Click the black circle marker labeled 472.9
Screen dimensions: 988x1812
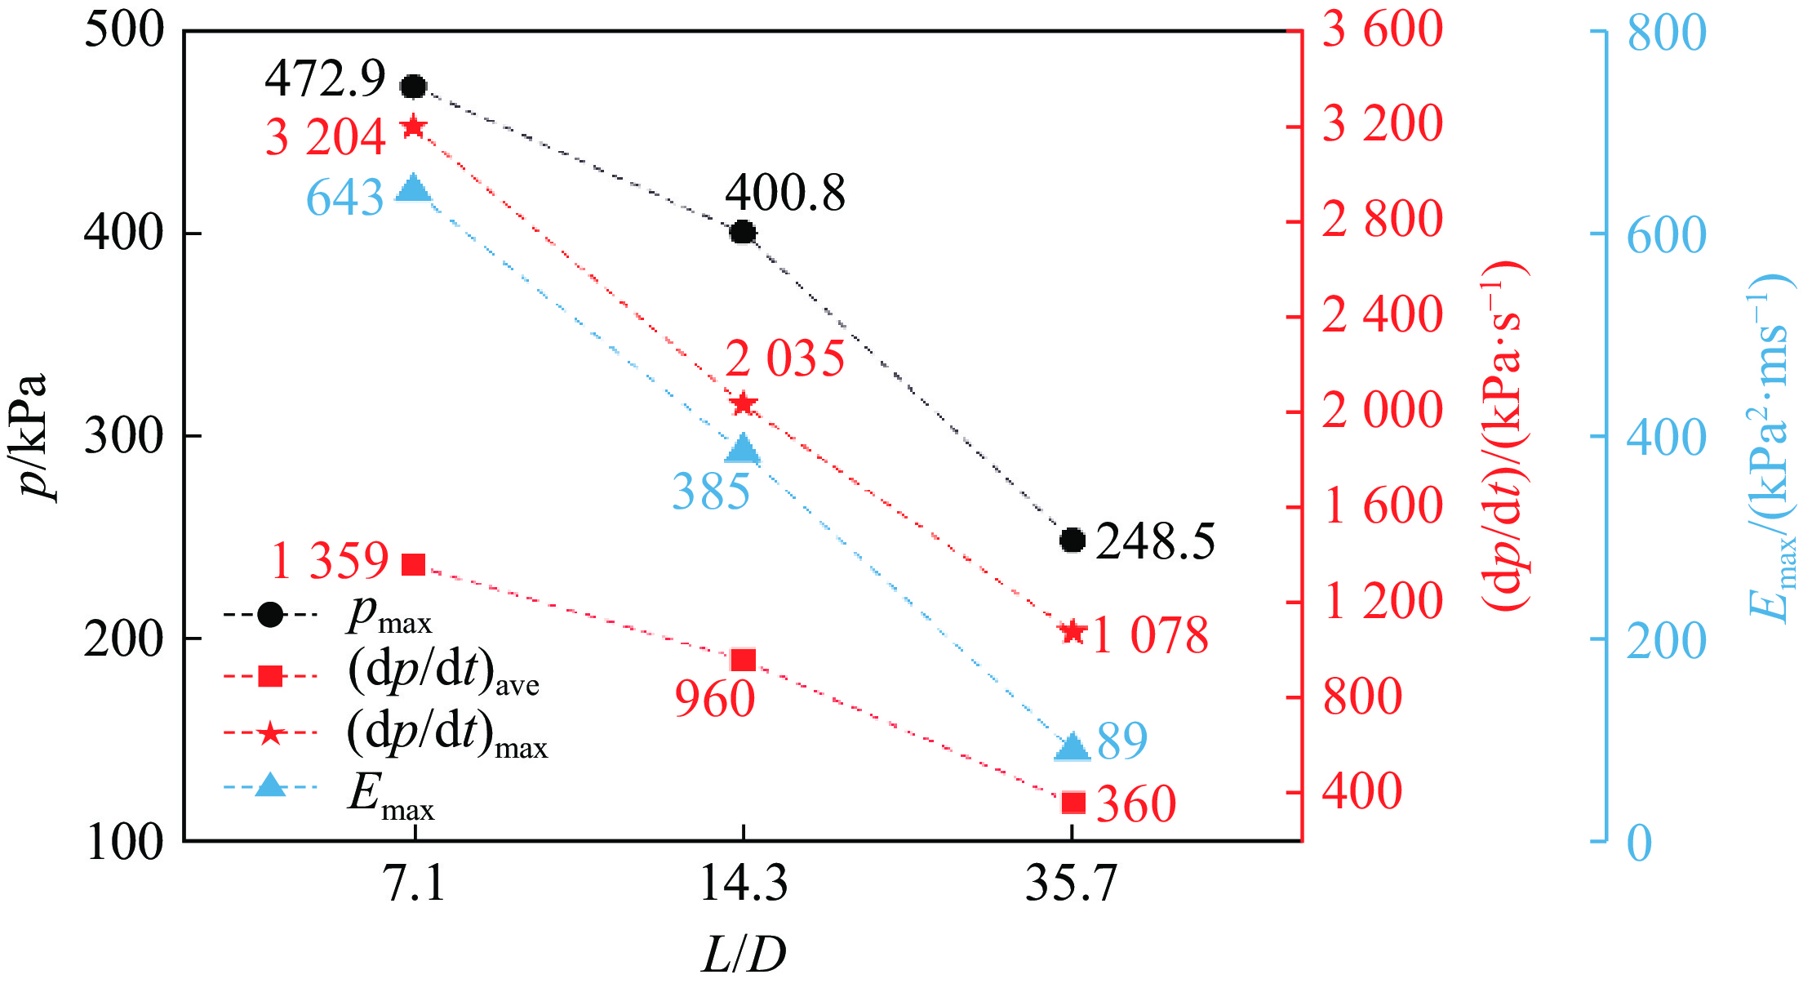click(x=414, y=86)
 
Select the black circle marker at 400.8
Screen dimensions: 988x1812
click(x=743, y=233)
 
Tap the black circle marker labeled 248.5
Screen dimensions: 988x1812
click(x=1073, y=540)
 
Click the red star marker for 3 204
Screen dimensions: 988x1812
click(x=414, y=127)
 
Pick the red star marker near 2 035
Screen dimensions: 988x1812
click(x=744, y=403)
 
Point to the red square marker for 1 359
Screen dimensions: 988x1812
click(x=414, y=564)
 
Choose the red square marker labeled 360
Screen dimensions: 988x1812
click(x=1073, y=803)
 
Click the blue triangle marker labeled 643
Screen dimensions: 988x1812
click(x=414, y=189)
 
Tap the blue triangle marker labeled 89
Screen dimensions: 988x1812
click(x=1073, y=747)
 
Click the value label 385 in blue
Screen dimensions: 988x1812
click(x=711, y=492)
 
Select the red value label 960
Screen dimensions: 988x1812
click(x=715, y=700)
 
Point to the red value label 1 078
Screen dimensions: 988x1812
click(x=1150, y=635)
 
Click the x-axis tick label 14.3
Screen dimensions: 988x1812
click(x=744, y=883)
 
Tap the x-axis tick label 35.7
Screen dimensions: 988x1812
click(x=1071, y=883)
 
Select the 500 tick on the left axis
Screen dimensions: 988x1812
click(x=124, y=31)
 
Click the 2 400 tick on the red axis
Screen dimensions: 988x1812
click(x=1382, y=316)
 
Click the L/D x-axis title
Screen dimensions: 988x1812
click(x=744, y=954)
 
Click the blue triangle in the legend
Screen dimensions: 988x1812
click(x=270, y=786)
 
